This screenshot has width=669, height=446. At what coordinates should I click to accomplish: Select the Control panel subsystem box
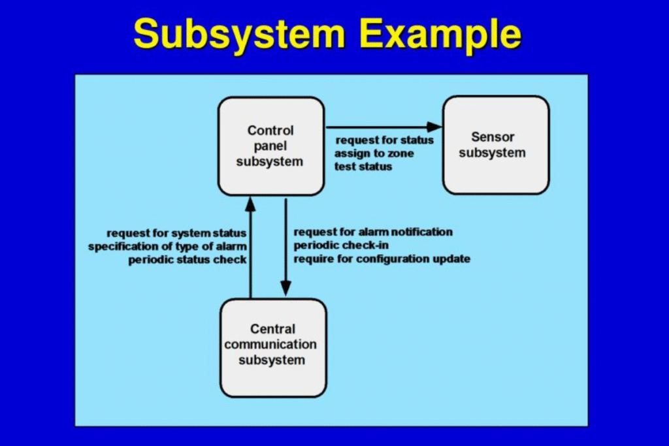point(271,146)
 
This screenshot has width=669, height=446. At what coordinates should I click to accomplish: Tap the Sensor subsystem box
point(496,145)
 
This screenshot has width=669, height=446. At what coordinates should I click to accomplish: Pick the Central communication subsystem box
point(274,348)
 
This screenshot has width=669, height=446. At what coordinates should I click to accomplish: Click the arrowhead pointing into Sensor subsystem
point(434,127)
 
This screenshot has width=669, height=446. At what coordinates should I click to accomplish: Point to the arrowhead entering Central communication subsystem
point(286,288)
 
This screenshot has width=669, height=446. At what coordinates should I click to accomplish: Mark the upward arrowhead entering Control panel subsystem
point(250,204)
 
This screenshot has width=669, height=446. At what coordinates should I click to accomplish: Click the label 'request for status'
point(384,140)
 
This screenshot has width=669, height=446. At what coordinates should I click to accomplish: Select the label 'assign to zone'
point(374,153)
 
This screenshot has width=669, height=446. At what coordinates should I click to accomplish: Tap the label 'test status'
point(363,167)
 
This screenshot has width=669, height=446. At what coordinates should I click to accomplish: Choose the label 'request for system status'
point(176,233)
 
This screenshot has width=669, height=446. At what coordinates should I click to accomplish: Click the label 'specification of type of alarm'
point(167,246)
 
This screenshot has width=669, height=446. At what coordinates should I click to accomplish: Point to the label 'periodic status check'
point(188,260)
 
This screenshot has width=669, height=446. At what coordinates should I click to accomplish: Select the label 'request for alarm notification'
point(373,232)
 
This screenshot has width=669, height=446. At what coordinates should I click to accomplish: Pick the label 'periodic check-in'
point(341,245)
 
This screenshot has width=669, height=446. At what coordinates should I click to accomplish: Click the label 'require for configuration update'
point(382,259)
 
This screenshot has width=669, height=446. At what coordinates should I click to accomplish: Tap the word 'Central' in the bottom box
point(272,328)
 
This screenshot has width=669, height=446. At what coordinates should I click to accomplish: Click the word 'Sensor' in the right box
point(493,137)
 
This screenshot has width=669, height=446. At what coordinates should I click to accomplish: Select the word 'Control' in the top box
point(270,130)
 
